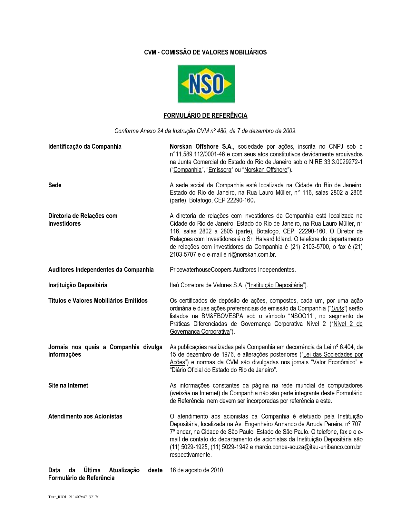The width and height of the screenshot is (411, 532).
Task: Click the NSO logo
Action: coord(206,84)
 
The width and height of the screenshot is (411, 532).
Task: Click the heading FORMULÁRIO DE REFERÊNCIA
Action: coord(205,115)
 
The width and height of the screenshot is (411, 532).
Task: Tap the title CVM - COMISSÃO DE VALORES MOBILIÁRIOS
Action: coord(205,52)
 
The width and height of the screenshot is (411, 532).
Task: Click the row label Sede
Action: coord(55,185)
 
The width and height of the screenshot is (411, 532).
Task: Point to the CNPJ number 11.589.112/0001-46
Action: coord(200,154)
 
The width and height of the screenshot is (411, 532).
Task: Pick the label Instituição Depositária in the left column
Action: coord(78,285)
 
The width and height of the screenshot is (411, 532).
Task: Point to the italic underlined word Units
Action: coord(338,309)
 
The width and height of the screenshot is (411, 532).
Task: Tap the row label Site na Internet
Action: coord(68,386)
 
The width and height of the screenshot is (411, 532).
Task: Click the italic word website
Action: coord(181,393)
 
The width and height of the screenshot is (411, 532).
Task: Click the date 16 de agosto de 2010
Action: coord(197,470)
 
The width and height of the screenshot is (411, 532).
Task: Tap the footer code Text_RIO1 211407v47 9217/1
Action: coord(74,506)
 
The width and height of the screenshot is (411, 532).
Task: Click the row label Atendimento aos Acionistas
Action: coord(85,417)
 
